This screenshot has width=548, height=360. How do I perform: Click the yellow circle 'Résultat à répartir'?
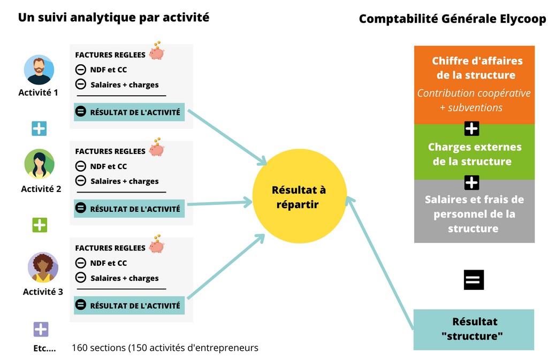pos(299,197)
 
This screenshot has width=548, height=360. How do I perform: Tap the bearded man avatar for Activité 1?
pos(39,70)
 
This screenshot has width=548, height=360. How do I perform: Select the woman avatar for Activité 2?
pos(39,164)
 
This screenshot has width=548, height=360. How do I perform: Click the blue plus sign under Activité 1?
pos(39,128)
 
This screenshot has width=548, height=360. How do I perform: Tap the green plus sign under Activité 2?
pos(40,225)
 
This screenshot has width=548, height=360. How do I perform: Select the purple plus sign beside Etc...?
pos(41,329)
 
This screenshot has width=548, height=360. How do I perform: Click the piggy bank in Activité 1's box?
pos(156,52)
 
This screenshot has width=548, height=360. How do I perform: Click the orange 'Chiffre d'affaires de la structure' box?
pos(474,85)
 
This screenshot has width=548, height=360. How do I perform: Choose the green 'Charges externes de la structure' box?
pos(474,154)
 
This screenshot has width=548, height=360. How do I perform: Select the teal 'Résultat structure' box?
pos(474,329)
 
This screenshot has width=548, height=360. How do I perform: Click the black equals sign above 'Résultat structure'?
pos(474,280)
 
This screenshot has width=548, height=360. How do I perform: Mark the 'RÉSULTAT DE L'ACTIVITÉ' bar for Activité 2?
pos(129,209)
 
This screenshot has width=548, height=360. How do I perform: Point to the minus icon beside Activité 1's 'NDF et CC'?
pos(80,70)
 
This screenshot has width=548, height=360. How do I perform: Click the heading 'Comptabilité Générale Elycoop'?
pos(452,19)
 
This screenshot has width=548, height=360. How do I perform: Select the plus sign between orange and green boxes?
pos(471,129)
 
